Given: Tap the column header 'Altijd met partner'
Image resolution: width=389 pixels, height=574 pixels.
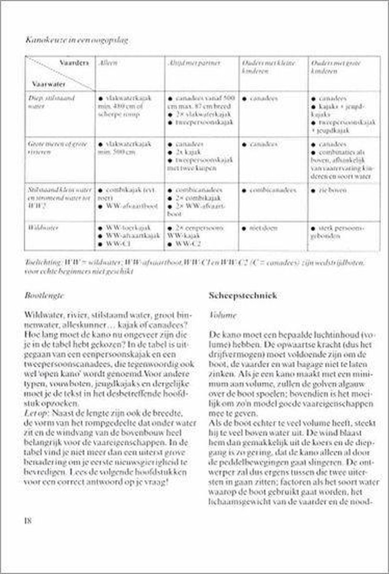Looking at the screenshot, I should pos(191,63).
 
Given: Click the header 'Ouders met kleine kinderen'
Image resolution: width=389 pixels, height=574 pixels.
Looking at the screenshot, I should pos(268,67).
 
